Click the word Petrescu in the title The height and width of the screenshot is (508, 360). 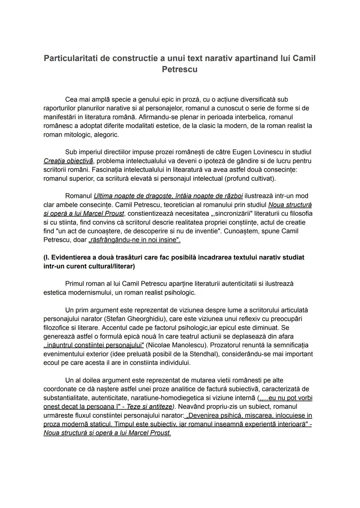[179, 69]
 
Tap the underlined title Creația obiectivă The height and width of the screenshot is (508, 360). [68, 161]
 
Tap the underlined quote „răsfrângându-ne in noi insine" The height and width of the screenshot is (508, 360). [134, 240]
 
